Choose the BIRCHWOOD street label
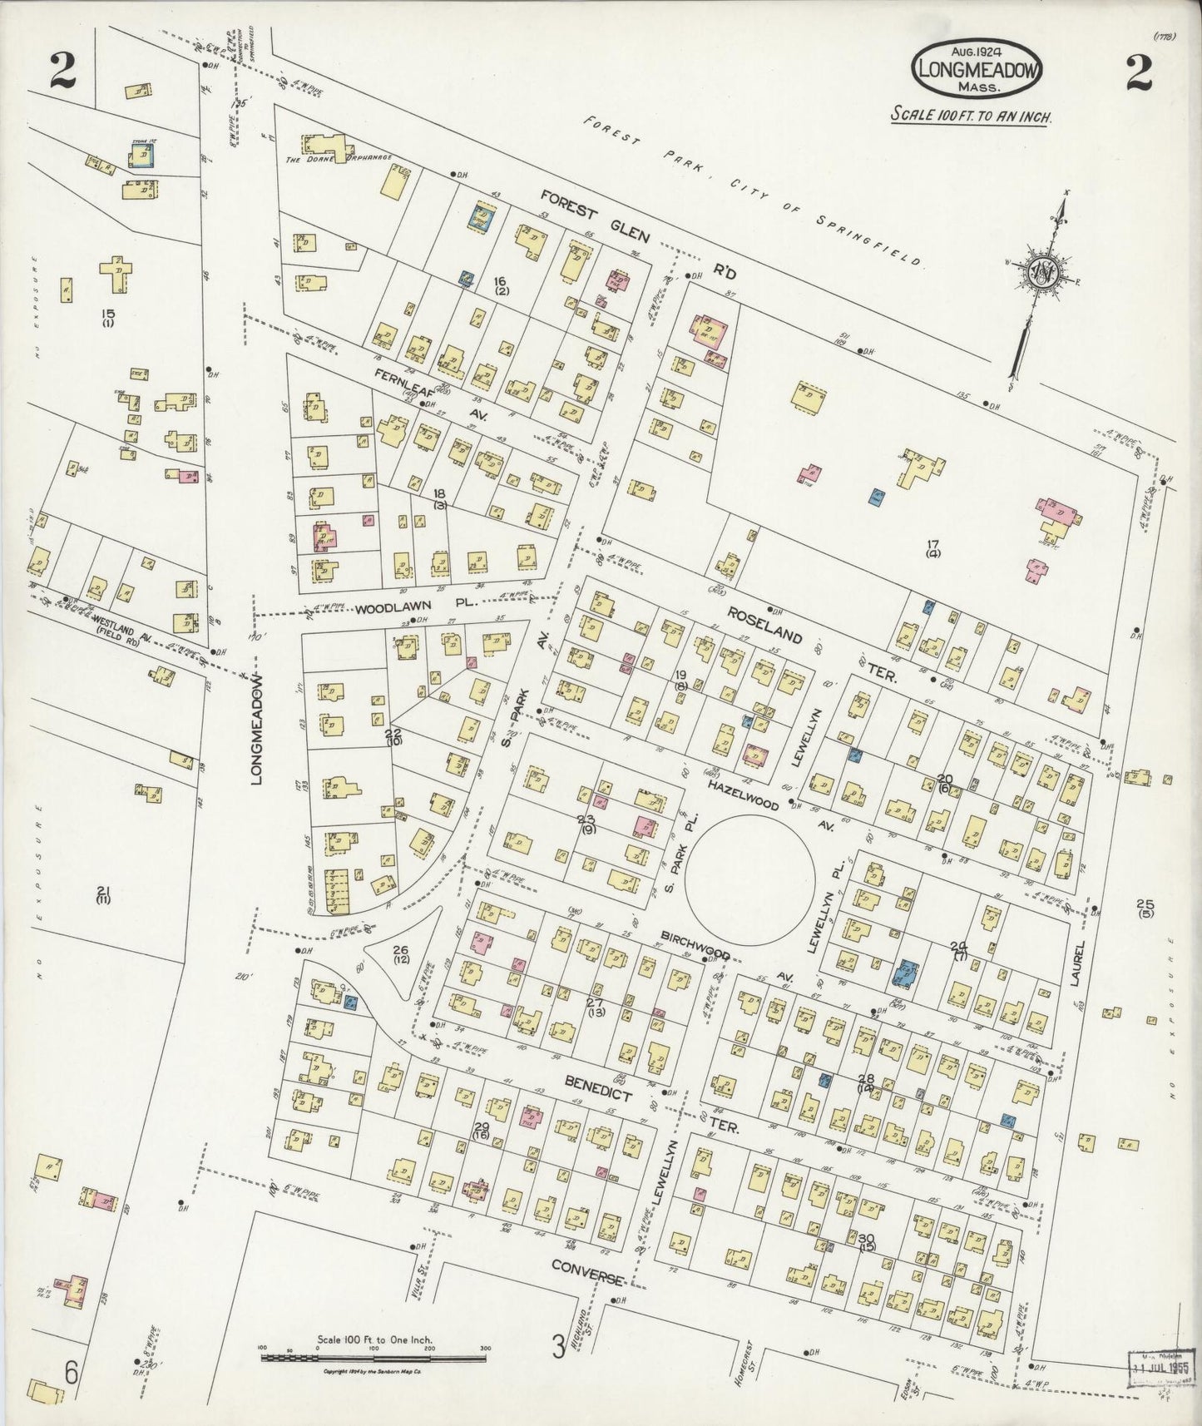[x=695, y=938]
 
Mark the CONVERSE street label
[x=587, y=1277]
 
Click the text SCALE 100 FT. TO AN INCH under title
[x=971, y=116]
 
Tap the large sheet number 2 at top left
[x=62, y=73]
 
